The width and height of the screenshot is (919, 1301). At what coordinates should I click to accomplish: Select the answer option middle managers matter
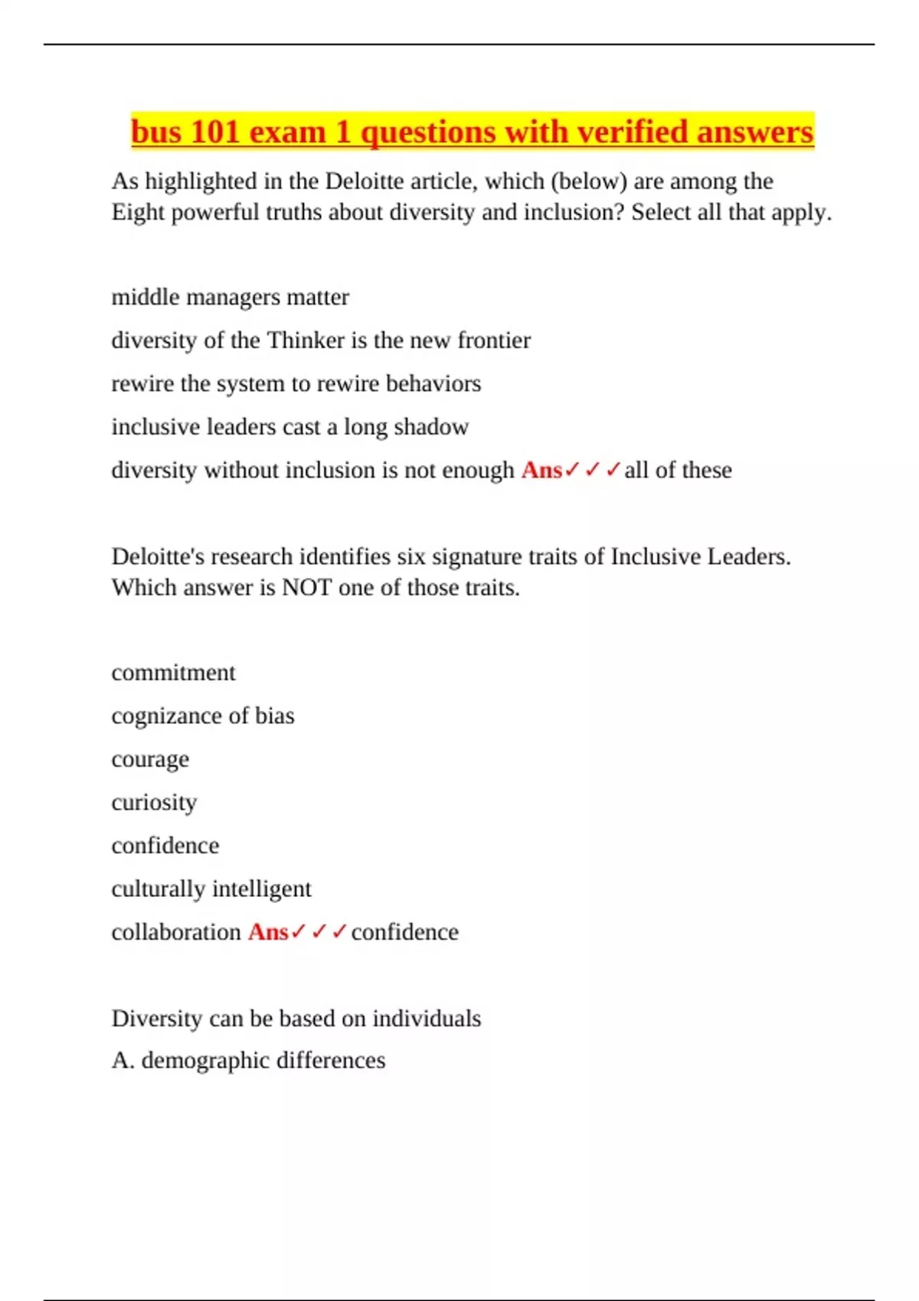[x=230, y=297]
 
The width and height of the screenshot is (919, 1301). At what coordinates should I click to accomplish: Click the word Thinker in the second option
[x=305, y=340]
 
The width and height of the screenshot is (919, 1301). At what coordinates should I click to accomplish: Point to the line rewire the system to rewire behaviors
[x=296, y=383]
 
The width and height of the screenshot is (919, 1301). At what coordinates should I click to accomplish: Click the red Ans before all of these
[x=541, y=470]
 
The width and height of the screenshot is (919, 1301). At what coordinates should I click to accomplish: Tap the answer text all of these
[x=678, y=470]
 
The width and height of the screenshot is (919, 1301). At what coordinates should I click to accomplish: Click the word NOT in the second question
[x=306, y=588]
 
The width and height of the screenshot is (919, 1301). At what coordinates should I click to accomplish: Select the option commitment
[x=173, y=673]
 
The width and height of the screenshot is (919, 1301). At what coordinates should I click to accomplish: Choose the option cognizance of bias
[x=202, y=716]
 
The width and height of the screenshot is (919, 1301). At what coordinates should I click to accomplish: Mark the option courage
[x=150, y=759]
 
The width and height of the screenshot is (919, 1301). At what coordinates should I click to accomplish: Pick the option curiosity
[x=154, y=802]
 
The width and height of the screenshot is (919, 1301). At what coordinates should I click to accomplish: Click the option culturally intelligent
[x=211, y=889]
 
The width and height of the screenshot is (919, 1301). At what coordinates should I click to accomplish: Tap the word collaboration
[x=176, y=932]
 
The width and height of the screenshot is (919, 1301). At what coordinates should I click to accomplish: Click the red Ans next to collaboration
[x=268, y=932]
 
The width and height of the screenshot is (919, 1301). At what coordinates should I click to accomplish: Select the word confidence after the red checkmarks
[x=404, y=932]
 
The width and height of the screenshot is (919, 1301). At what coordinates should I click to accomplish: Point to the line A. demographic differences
[x=248, y=1061]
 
